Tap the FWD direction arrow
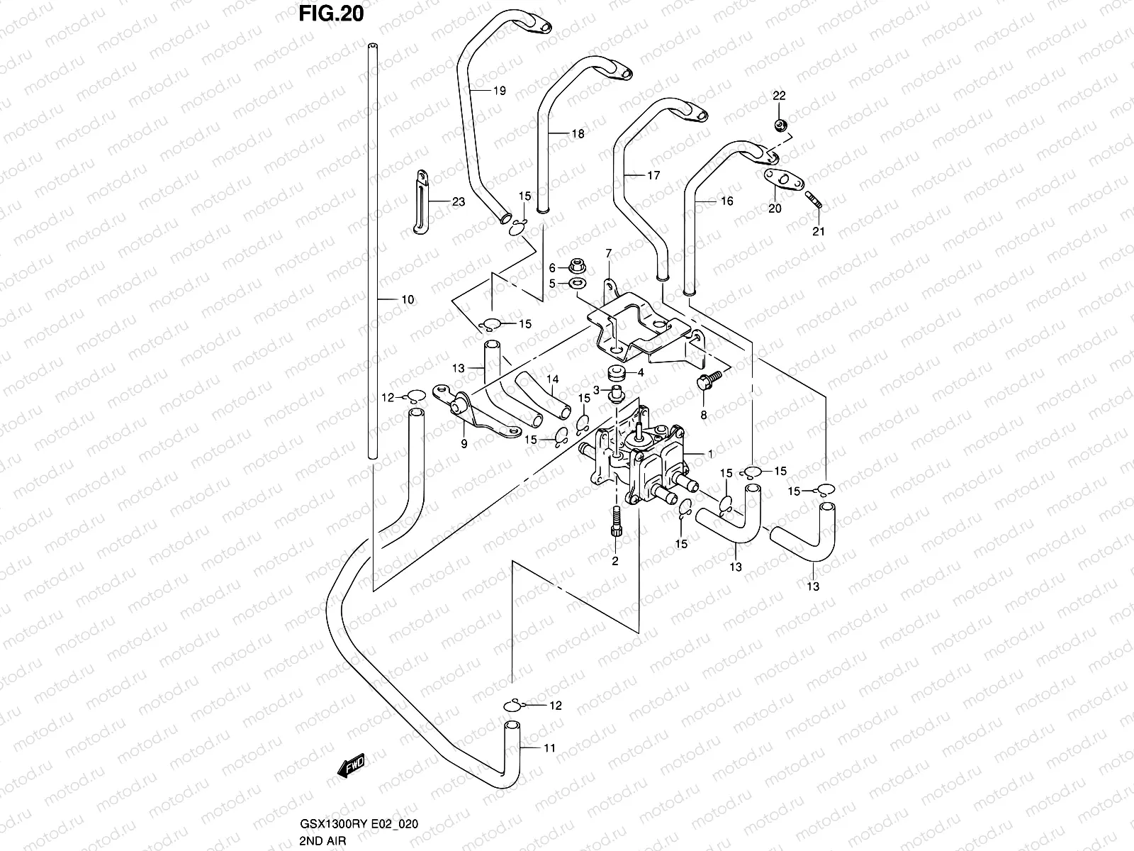[352, 764]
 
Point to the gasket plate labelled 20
[780, 180]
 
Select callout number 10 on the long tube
[408, 300]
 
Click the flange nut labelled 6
[576, 267]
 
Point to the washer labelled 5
[577, 284]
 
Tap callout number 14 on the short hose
[552, 380]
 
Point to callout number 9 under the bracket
[464, 445]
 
